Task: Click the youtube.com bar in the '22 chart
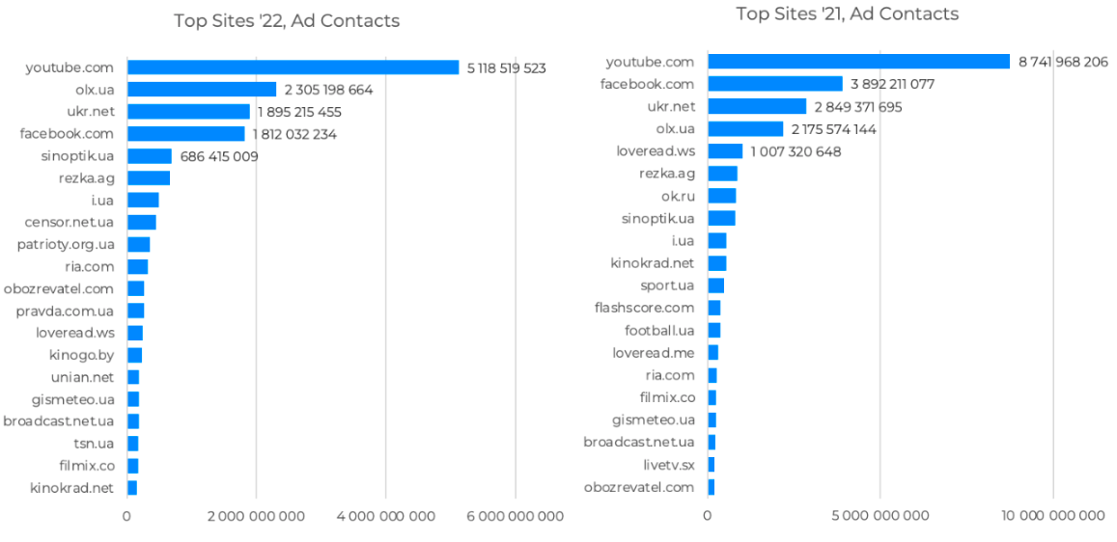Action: coord(293,68)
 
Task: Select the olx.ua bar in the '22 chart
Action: coord(202,90)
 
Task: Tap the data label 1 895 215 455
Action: coord(299,112)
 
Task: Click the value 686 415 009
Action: coord(219,156)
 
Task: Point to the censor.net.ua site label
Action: coord(70,222)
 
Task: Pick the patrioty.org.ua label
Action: coord(66,244)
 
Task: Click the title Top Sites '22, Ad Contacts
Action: coord(287,21)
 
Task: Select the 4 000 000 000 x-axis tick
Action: coord(386,516)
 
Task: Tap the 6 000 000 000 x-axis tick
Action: coord(516,516)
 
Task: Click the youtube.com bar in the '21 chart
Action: coord(858,62)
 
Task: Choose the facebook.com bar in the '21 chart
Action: coord(775,84)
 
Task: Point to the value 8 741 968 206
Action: coord(1063,62)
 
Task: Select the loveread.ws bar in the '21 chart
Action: coord(725,151)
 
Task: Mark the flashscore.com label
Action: coord(644,308)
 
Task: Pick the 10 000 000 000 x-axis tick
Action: coord(1053,516)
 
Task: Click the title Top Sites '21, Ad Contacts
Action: coord(847,14)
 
